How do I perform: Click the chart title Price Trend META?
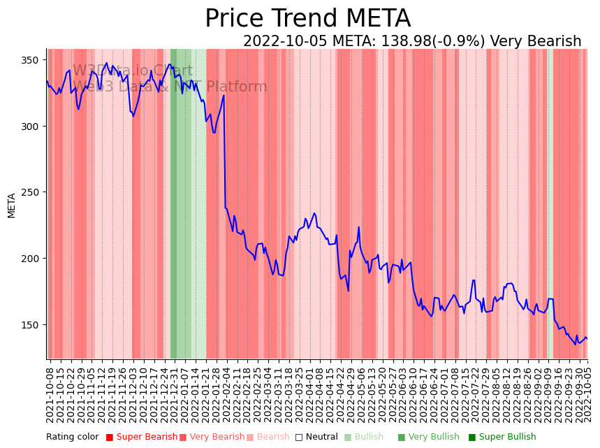pyautogui.click(x=307, y=19)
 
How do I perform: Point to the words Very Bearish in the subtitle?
pyautogui.click(x=536, y=41)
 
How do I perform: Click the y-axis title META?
pyautogui.click(x=12, y=205)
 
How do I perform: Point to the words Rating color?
pyautogui.click(x=73, y=438)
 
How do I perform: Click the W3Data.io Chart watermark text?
pyautogui.click(x=133, y=71)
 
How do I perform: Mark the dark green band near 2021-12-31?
pyautogui.click(x=173, y=203)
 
